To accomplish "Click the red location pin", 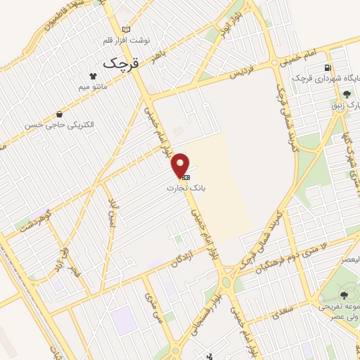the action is (x=181, y=165).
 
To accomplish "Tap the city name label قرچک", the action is (x=122, y=62).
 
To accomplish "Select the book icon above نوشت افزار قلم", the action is (x=127, y=29).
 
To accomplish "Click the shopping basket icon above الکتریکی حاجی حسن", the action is (x=60, y=113).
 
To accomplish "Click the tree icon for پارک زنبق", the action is (x=346, y=94).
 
